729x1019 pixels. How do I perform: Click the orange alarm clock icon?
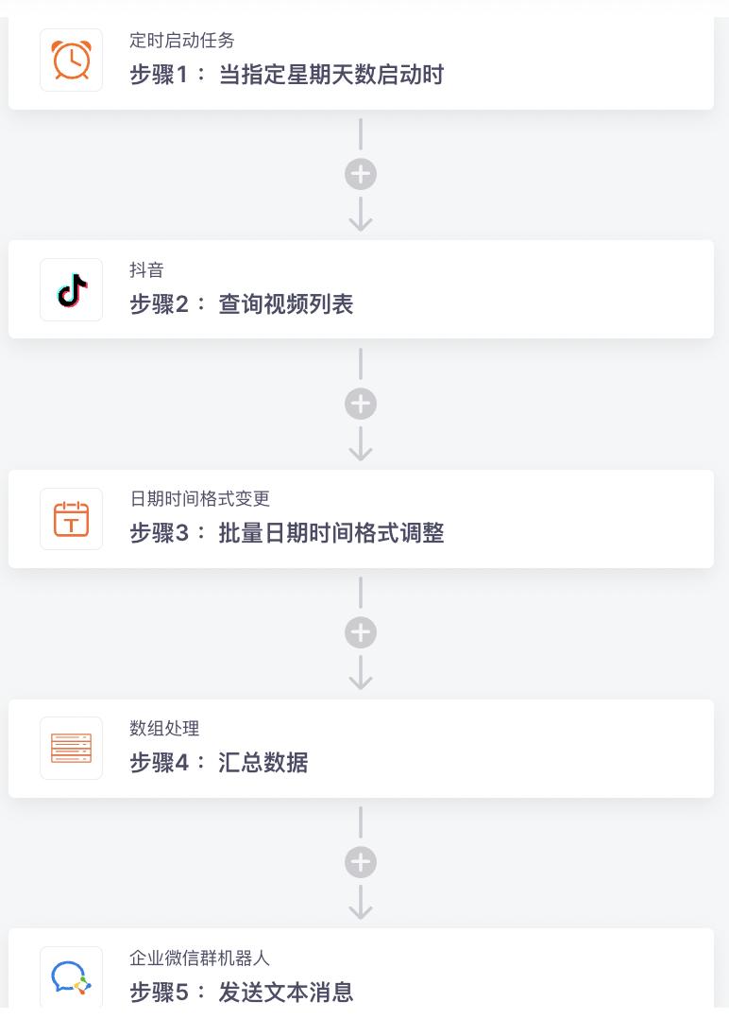point(71,60)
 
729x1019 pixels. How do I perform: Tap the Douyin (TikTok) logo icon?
point(71,290)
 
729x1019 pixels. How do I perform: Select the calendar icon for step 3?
point(71,519)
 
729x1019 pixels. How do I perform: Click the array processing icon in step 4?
point(71,749)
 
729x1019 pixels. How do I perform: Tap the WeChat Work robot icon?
point(71,977)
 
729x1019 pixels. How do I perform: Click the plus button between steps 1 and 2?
point(361,174)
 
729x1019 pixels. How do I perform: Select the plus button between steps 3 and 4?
point(361,632)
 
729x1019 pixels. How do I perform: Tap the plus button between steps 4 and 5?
point(361,862)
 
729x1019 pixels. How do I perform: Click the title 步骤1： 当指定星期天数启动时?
point(286,75)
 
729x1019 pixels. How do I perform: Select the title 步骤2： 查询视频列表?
point(241,304)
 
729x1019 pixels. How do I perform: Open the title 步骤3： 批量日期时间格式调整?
point(286,533)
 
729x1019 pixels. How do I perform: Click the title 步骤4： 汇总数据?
point(218,763)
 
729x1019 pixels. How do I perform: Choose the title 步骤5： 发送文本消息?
point(241,992)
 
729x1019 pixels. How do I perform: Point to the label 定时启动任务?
point(182,41)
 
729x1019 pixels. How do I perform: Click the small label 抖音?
point(146,270)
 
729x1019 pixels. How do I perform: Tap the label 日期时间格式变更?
point(199,499)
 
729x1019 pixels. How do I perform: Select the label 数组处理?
point(164,729)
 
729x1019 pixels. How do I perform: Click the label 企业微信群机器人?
point(199,959)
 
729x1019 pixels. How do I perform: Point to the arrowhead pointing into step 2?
point(361,223)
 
